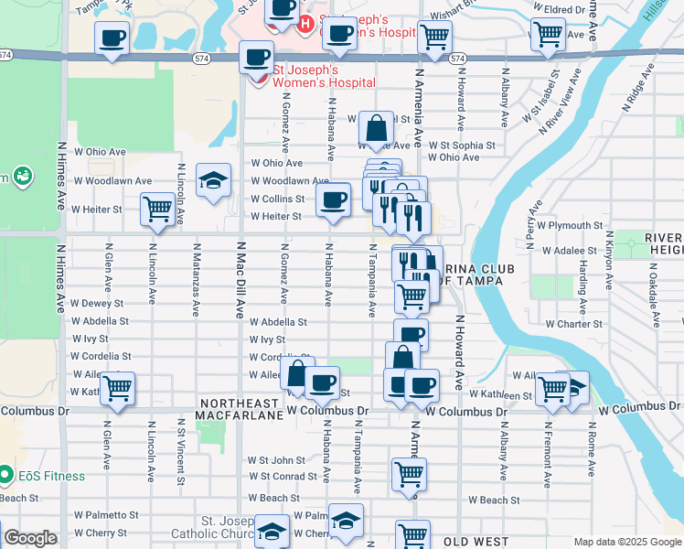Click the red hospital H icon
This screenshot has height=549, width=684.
[305, 23]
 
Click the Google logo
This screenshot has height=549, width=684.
[30, 538]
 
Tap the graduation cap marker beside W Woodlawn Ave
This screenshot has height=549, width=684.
[213, 181]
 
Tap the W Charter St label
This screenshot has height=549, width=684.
[573, 324]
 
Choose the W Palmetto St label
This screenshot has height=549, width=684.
[106, 515]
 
